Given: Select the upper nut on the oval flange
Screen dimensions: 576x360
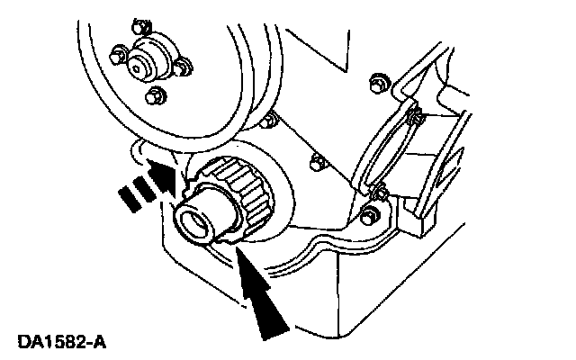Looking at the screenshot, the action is [x=413, y=115].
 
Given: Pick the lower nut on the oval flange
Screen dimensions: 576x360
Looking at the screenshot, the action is [x=381, y=192].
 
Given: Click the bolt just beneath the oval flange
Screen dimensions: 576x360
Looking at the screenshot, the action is [x=368, y=214].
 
